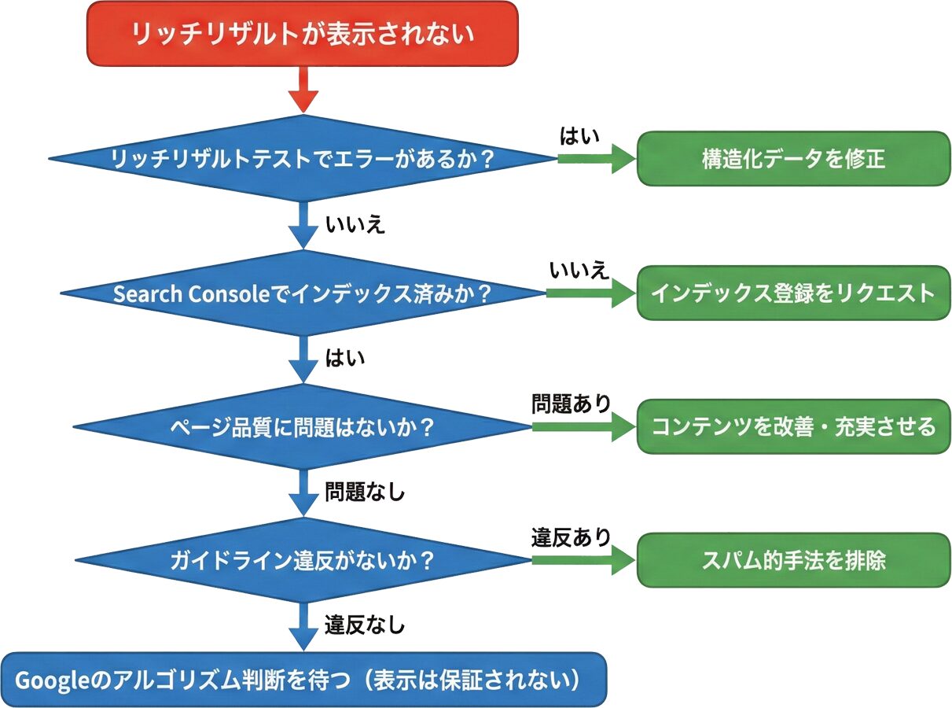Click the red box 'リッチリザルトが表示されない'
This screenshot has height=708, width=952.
tap(303, 33)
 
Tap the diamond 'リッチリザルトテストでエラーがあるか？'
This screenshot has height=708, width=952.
tap(303, 158)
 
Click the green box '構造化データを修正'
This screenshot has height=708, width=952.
tap(793, 158)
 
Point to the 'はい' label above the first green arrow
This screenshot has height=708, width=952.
tap(579, 136)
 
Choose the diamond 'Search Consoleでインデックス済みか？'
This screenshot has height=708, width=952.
tap(303, 293)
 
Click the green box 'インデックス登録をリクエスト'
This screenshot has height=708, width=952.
tap(793, 293)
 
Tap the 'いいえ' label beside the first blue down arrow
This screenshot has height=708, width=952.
tap(355, 225)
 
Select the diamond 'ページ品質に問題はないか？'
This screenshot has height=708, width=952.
tap(303, 426)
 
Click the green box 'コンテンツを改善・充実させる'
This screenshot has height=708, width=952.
tap(793, 426)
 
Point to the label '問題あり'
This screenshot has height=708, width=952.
tap(571, 404)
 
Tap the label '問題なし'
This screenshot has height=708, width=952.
tap(365, 493)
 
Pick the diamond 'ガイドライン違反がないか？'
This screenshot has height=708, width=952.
tap(303, 561)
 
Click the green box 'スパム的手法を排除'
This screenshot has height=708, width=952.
tap(793, 561)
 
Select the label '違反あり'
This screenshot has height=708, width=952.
tap(571, 538)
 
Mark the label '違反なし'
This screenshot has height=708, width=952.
tap(365, 626)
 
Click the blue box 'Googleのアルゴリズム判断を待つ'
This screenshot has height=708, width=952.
tap(303, 680)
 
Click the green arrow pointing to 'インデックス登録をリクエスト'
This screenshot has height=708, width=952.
tap(590, 293)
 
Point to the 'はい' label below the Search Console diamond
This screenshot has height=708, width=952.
tap(346, 359)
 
